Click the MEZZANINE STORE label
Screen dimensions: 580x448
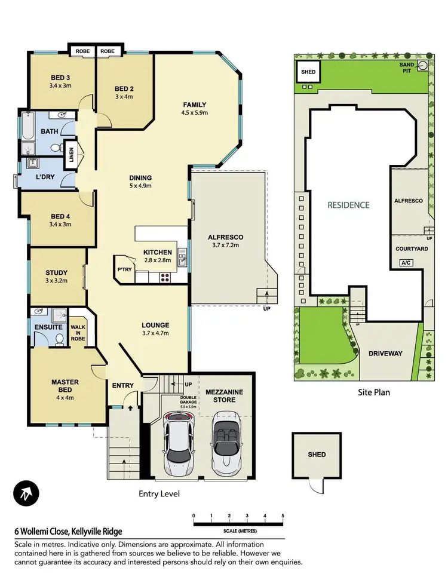pyautogui.click(x=225, y=395)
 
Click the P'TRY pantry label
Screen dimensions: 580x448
pyautogui.click(x=124, y=270)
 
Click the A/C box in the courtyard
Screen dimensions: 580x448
pyautogui.click(x=406, y=262)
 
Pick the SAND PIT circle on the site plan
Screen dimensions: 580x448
pyautogui.click(x=423, y=66)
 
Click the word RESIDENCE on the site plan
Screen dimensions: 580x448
pyautogui.click(x=348, y=205)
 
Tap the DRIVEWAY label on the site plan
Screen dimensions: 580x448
pyautogui.click(x=385, y=353)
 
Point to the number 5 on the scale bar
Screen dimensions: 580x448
pyautogui.click(x=282, y=515)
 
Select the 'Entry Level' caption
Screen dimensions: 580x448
pyautogui.click(x=159, y=494)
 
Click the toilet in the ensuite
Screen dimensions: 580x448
pyautogui.click(x=60, y=340)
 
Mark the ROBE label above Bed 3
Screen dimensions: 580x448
pyautogui.click(x=82, y=51)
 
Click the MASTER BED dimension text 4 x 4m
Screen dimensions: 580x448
pyautogui.click(x=65, y=390)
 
